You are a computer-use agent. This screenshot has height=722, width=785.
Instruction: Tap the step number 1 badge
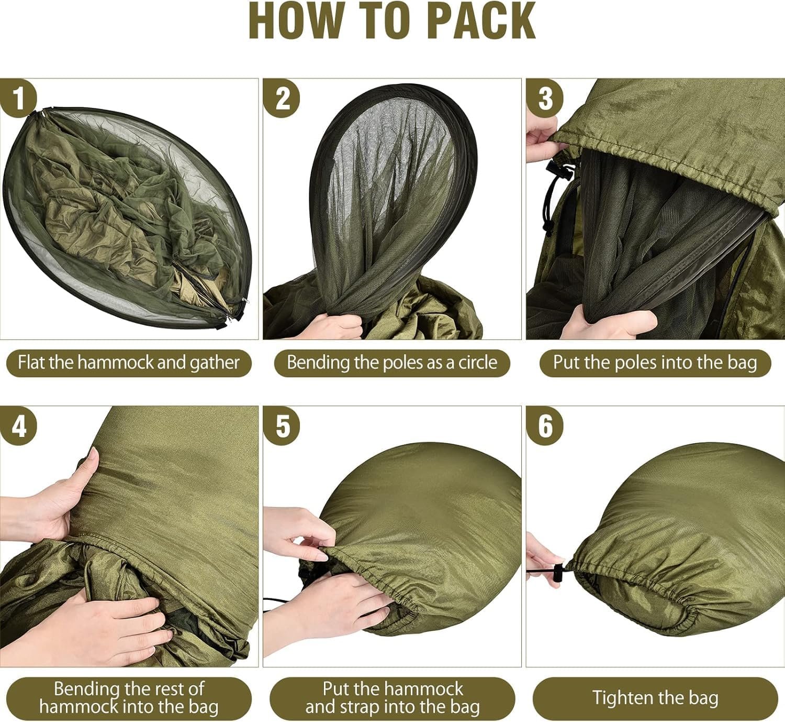(x=18, y=98)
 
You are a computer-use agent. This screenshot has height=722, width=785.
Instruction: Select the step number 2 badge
(x=281, y=98)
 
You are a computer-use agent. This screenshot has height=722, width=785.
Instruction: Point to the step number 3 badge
(x=544, y=98)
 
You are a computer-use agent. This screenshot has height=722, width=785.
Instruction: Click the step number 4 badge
(x=18, y=425)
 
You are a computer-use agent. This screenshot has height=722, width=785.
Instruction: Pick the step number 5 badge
(x=281, y=425)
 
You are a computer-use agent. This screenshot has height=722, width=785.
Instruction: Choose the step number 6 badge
(x=544, y=425)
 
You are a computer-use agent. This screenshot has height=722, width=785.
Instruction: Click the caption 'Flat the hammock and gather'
(x=129, y=363)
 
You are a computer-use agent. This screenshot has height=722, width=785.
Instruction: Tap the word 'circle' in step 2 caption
(x=478, y=362)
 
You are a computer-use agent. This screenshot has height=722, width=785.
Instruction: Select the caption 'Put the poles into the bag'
(x=655, y=363)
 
